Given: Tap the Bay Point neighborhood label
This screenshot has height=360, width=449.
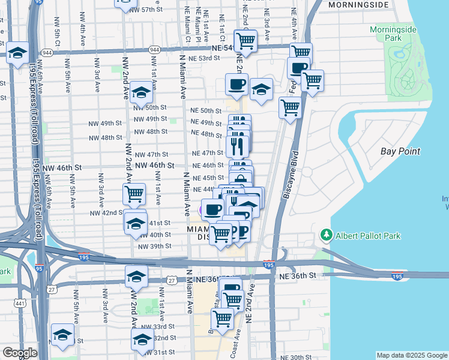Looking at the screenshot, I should [x=400, y=152].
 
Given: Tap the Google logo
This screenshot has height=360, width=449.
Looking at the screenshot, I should [x=20, y=353].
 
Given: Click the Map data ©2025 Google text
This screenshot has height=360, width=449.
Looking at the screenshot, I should [x=411, y=355].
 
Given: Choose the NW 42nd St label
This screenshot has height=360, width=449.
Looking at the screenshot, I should [x=106, y=213].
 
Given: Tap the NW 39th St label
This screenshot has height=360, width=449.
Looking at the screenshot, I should [x=154, y=246].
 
